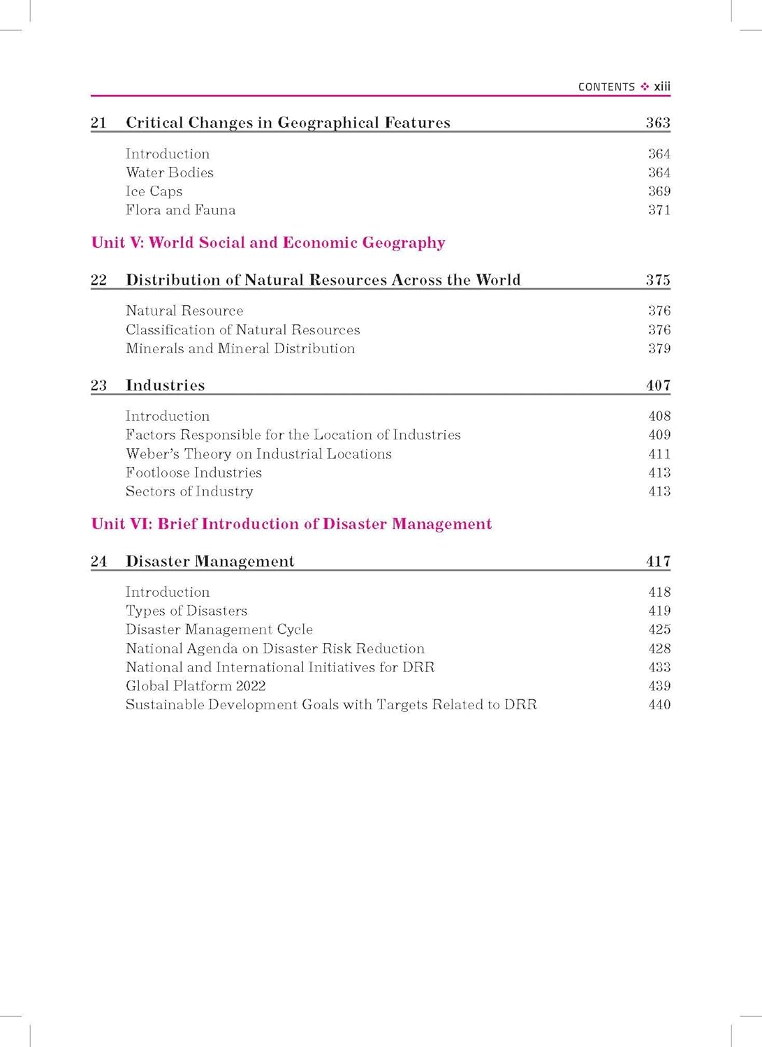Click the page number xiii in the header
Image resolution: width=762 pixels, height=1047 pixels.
[661, 87]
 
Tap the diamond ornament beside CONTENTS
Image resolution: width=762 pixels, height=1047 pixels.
[644, 87]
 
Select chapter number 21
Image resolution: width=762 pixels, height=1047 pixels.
[98, 123]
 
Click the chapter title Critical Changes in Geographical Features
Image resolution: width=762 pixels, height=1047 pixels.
[288, 123]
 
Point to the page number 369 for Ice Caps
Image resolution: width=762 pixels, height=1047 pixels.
[659, 191]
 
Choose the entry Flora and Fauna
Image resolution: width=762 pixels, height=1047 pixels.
[180, 210]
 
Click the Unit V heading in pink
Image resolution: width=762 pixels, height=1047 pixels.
[268, 243]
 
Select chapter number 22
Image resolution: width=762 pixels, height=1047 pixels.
[98, 280]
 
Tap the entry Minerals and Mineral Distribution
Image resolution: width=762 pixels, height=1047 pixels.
[240, 348]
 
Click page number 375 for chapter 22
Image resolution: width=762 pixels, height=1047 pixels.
[657, 280]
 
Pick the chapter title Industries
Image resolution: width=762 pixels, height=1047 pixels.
[165, 385]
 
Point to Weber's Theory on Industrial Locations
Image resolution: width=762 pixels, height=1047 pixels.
[258, 454]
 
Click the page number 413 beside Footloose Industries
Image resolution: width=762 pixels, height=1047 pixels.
[659, 473]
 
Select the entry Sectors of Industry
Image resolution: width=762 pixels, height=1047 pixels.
[189, 491]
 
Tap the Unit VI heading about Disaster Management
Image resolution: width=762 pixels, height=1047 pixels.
[291, 524]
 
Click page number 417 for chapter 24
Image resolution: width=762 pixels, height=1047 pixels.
[657, 561]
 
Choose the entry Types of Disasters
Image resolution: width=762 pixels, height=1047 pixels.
[186, 611]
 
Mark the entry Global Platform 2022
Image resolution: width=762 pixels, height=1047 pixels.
[196, 686]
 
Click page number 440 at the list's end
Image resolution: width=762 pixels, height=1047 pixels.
[659, 705]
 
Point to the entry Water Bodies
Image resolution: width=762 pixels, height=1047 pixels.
[170, 172]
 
